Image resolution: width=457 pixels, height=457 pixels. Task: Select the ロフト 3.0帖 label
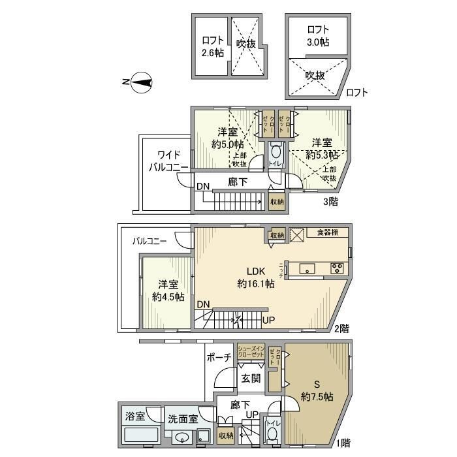(x=318, y=35)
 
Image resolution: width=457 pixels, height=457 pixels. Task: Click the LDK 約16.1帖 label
(x=255, y=277)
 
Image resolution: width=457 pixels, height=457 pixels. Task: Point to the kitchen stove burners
(x=338, y=267)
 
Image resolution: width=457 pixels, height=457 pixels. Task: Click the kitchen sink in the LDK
(x=307, y=268)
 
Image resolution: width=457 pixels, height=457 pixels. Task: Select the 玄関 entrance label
(x=251, y=378)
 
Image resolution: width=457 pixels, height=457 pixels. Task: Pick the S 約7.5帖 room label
(x=317, y=390)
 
